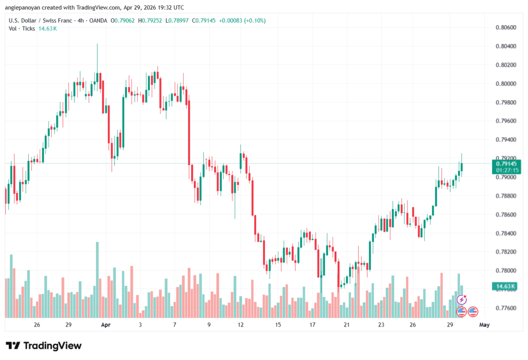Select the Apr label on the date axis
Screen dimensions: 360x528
pos(106,325)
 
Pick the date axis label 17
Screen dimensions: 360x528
pos(312,325)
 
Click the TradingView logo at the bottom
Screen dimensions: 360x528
pos(43,346)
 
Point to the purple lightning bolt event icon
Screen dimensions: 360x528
pos(462,299)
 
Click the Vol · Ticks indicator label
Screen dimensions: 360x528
pos(22,28)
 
